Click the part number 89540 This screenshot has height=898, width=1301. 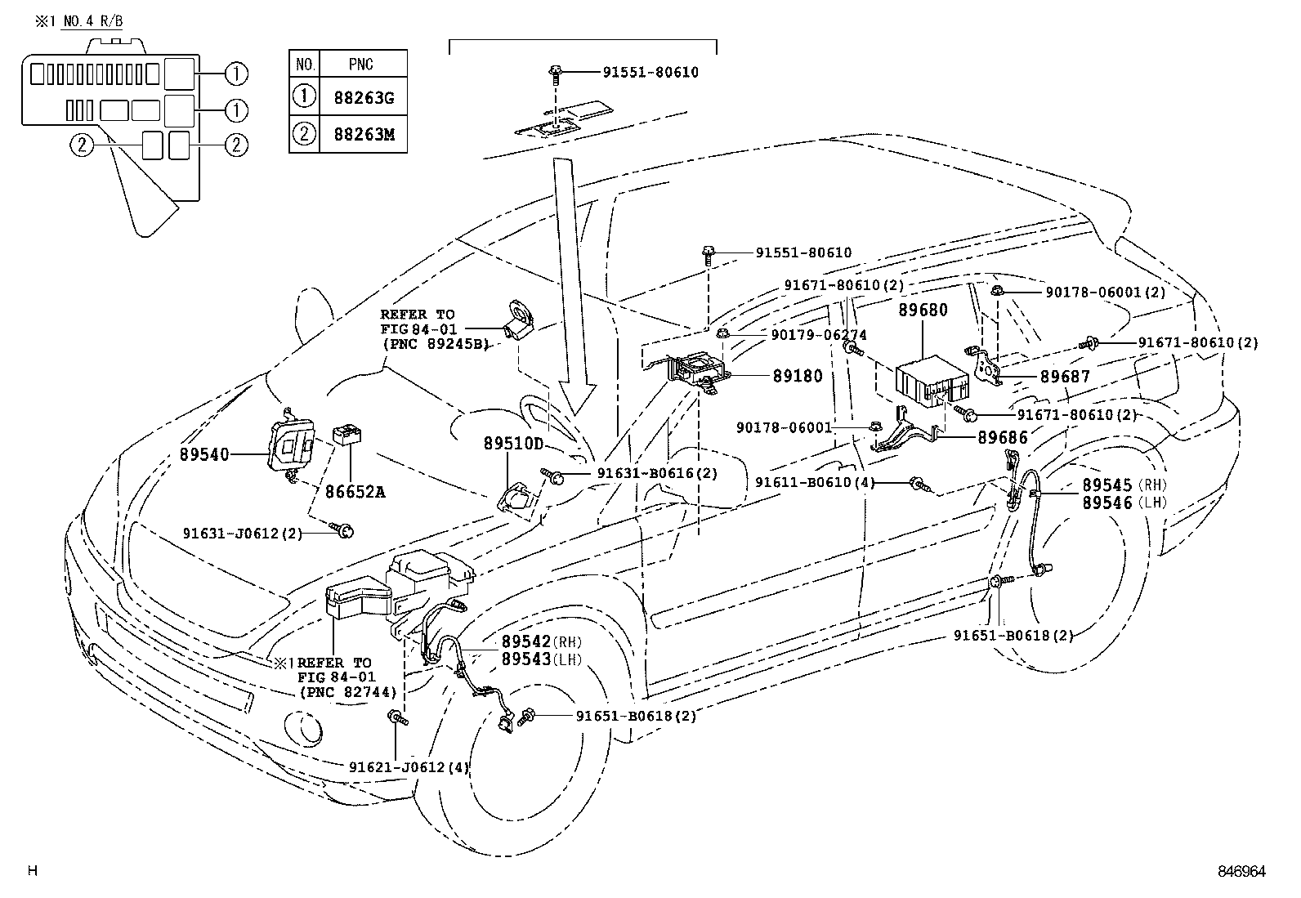coord(204,454)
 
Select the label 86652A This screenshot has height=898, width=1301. coord(355,492)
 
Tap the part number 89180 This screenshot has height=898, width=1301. coord(798,376)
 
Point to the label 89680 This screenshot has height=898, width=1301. coord(923,310)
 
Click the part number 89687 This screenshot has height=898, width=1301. coord(1065,377)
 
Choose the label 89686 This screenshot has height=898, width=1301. coord(1003,437)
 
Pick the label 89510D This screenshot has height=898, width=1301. coord(513,444)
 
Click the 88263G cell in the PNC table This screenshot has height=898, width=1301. coord(364,97)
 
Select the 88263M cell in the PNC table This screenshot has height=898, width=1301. coord(364,134)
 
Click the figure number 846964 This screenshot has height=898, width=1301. coord(1241,871)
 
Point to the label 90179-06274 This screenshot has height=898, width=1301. coord(819,335)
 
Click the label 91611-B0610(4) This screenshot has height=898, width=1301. coord(815,482)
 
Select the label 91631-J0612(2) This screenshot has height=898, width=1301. coord(243,534)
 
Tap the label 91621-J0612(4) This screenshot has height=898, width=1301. coord(409,767)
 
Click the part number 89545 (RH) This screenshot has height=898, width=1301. coord(1124,485)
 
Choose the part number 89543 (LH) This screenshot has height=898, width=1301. coord(541,659)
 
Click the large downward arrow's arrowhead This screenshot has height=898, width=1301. coord(577,398)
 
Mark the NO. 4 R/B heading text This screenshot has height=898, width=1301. coord(93,21)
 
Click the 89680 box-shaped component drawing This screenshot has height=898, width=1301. coord(932,381)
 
